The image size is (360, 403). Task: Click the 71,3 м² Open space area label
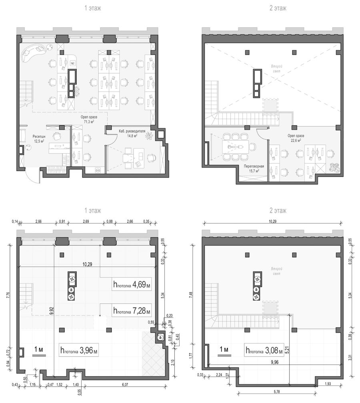tap(89, 119)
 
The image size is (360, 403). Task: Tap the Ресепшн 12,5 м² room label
tap(38, 138)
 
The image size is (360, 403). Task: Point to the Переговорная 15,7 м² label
tap(254, 168)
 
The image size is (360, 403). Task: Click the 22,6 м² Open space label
tap(296, 138)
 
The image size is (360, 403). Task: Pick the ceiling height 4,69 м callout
tap(132, 284)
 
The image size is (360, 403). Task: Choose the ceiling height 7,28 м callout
tap(132, 310)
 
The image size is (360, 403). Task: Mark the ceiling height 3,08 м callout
tap(264, 350)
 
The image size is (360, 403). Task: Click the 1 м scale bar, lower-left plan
tap(39, 355)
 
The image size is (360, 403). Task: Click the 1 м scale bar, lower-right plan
tap(224, 355)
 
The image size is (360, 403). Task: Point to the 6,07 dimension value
tap(125, 385)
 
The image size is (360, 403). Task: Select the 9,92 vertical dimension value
tap(52, 311)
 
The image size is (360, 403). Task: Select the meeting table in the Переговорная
tap(236, 147)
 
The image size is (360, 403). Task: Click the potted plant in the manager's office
tap(149, 136)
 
